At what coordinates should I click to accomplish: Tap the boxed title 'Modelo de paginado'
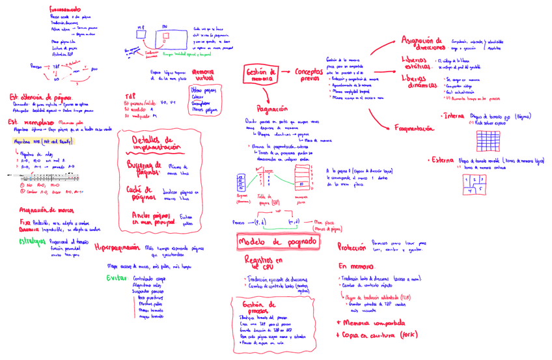(x=279, y=242)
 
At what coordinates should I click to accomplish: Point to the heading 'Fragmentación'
(x=414, y=128)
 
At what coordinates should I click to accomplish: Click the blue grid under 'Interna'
(x=488, y=141)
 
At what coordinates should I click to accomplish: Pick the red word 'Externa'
(x=441, y=160)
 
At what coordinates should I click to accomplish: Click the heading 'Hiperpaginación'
(x=117, y=248)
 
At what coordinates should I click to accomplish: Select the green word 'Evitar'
(x=117, y=279)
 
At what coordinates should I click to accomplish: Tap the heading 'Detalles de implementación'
(x=156, y=143)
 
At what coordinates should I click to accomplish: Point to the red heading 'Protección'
(x=352, y=247)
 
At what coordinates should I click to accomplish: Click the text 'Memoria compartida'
(x=371, y=322)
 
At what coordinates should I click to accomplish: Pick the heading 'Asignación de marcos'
(x=46, y=210)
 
